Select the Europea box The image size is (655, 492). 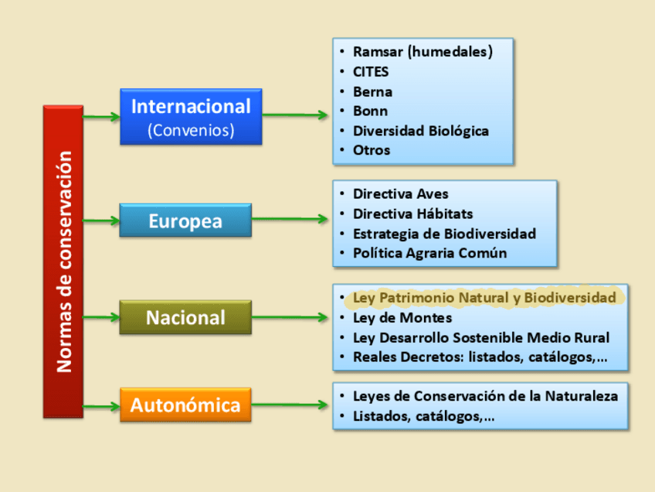[185, 221]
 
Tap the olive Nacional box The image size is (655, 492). [185, 318]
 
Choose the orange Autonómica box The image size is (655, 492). [185, 405]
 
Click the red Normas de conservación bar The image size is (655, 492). [63, 261]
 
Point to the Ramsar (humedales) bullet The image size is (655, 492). [422, 52]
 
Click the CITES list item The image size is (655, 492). [371, 72]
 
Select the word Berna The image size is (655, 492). [372, 91]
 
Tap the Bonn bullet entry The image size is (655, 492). [370, 111]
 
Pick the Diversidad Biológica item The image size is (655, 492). [420, 131]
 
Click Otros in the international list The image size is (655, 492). [372, 150]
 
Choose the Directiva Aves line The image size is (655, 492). [400, 194]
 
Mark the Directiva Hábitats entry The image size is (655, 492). [412, 214]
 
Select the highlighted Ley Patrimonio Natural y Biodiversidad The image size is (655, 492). [484, 298]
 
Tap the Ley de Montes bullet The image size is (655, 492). [402, 318]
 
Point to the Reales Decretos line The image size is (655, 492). [480, 357]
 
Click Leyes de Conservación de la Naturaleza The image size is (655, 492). [485, 396]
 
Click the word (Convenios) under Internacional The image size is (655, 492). [191, 130]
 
